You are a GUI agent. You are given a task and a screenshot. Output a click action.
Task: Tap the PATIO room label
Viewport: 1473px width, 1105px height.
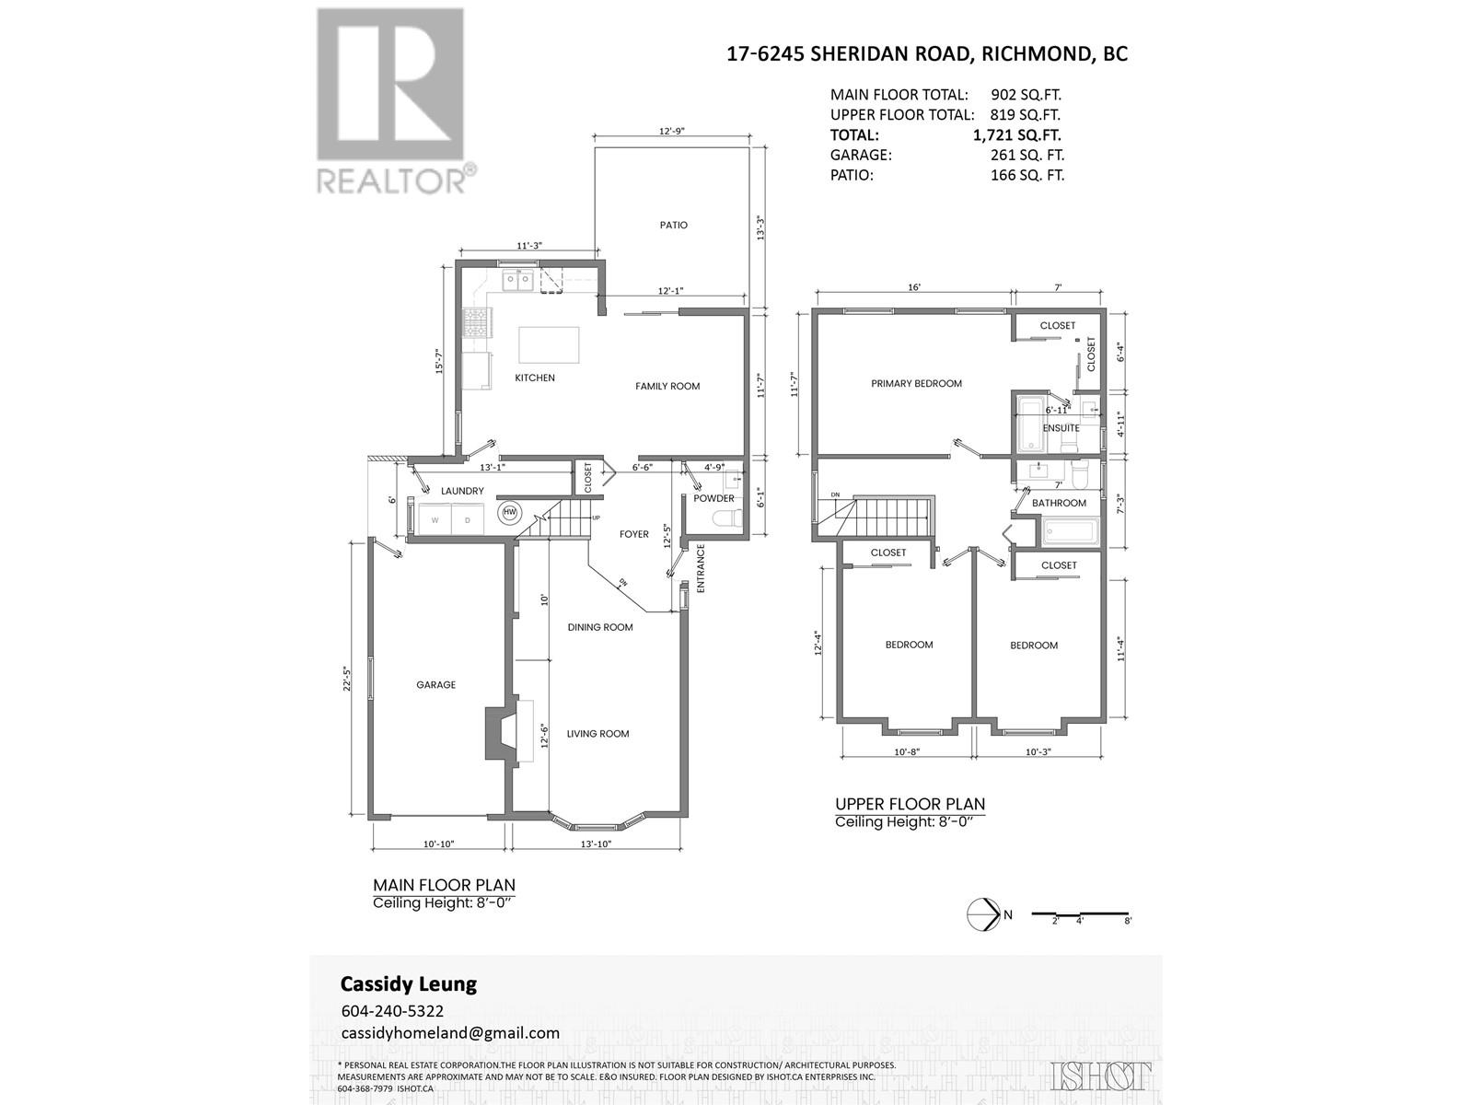coord(673,225)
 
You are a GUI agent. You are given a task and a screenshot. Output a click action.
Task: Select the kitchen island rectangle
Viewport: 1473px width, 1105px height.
coord(550,345)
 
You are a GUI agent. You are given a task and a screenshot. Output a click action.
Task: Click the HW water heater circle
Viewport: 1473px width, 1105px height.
coord(509,513)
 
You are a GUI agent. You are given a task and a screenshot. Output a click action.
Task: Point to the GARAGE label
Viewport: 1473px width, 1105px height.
coord(435,685)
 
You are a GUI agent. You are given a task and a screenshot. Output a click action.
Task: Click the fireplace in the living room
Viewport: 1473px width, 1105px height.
coord(505,732)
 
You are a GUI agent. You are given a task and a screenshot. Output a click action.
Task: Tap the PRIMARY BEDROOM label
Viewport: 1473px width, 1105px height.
coord(916,383)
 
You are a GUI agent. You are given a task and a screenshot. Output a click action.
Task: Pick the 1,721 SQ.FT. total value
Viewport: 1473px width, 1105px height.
coord(1012,134)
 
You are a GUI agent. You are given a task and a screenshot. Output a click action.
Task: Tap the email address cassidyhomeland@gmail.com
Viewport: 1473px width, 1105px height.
coord(450,1032)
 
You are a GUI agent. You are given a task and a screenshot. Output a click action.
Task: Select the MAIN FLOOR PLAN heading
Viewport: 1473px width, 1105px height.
coord(444,885)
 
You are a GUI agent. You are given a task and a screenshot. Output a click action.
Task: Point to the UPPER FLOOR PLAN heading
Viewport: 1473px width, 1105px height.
coord(910,803)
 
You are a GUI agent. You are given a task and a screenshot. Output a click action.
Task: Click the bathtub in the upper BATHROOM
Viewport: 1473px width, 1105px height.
coord(1070,531)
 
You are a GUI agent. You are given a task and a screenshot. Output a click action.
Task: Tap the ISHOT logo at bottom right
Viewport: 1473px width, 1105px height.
coord(1100,1075)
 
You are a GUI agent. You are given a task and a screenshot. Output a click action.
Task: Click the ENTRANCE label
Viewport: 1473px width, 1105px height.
coord(701,568)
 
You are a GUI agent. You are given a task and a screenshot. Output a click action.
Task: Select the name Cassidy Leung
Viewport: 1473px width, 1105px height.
coord(409,983)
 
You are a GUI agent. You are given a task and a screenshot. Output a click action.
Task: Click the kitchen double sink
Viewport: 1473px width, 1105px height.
coord(518,280)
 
